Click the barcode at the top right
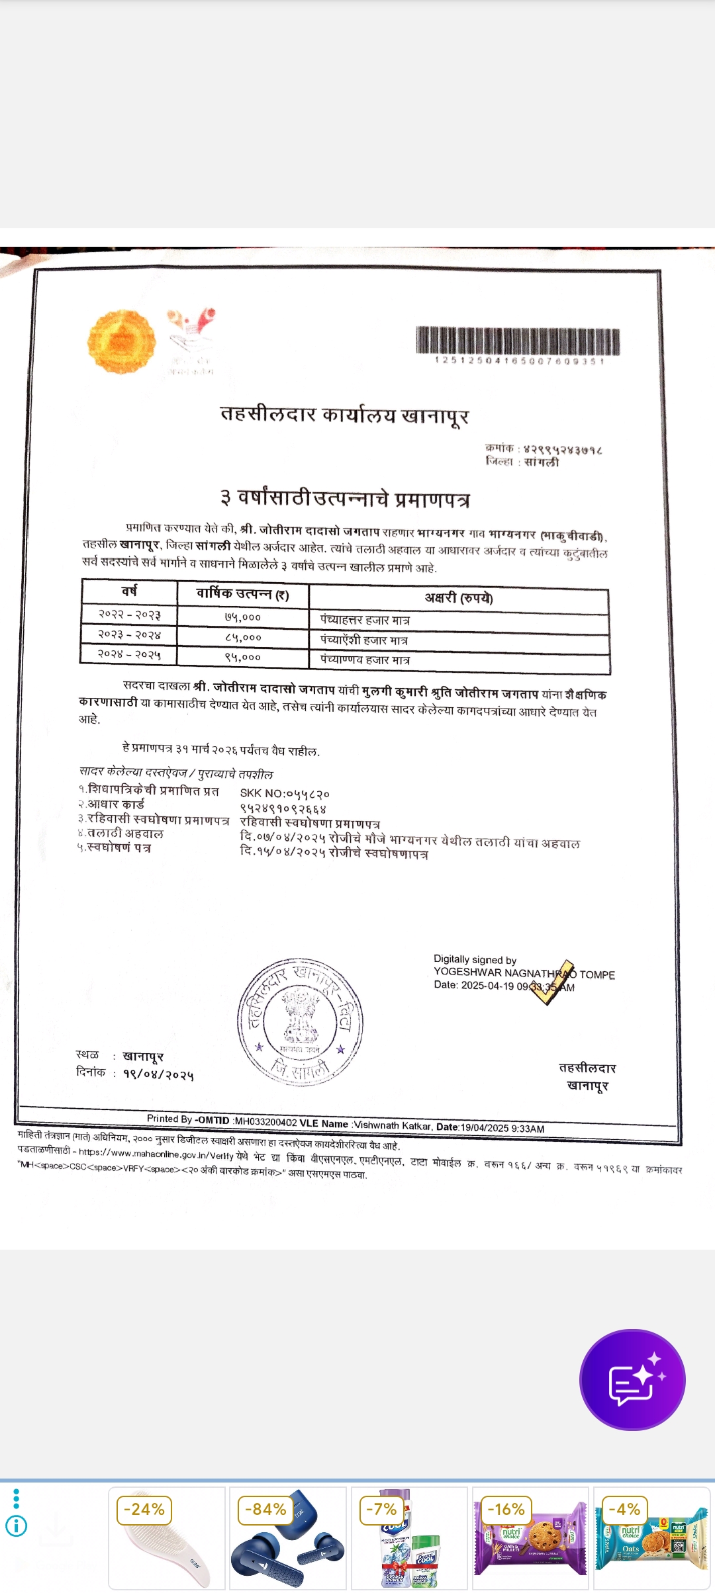tap(518, 341)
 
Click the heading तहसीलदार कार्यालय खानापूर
tap(344, 415)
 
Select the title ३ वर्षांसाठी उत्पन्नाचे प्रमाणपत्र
tap(345, 498)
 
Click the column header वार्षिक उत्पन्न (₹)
tap(242, 593)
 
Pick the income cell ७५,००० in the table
tap(242, 617)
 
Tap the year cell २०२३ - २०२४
tap(129, 634)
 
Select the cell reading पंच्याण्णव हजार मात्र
tap(365, 660)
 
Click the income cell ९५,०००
tap(242, 657)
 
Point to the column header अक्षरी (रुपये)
tap(458, 598)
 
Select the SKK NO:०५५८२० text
tap(285, 793)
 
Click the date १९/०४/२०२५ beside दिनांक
tap(158, 1074)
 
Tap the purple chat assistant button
tap(632, 1379)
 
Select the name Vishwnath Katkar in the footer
tap(393, 1125)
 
